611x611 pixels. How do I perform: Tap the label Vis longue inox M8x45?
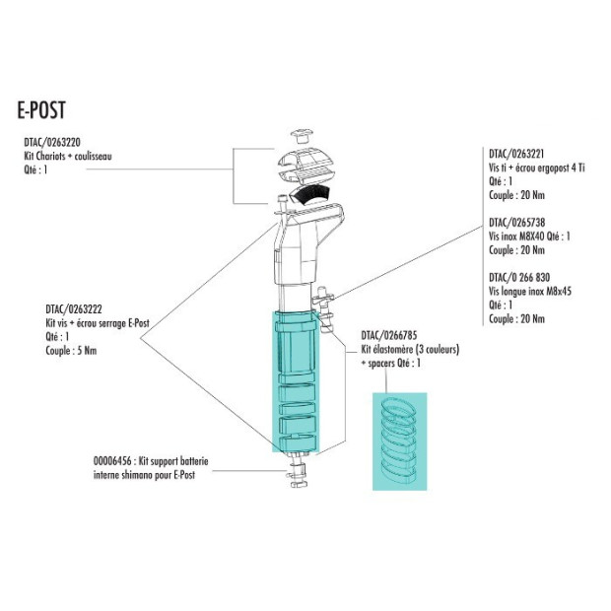click(530, 292)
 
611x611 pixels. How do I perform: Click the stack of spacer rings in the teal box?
click(400, 440)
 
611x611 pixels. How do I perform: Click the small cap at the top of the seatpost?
click(301, 135)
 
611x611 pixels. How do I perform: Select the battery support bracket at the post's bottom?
click(301, 477)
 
